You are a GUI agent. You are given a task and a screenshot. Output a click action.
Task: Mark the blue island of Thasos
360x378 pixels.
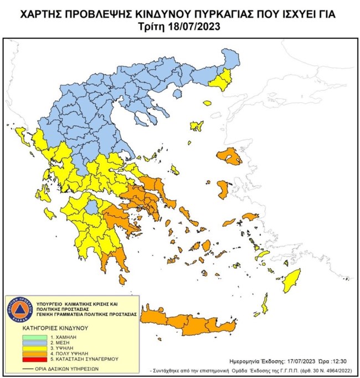pyautogui.click(x=177, y=94)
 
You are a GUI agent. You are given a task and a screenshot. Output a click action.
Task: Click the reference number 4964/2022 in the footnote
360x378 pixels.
pyautogui.click(x=333, y=369)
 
